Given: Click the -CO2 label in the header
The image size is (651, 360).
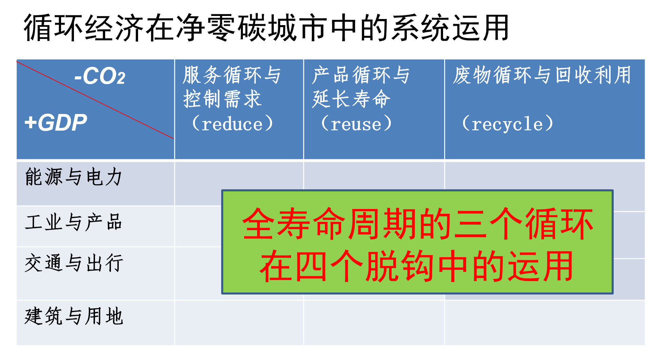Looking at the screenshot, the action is (100, 76).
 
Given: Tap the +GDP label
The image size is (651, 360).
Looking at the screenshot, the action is (56, 122).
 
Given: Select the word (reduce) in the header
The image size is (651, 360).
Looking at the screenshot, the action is (232, 124).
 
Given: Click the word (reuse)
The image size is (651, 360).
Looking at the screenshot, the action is (356, 124).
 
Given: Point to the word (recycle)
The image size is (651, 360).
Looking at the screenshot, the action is (508, 124).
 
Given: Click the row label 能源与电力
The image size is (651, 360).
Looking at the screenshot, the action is (73, 177).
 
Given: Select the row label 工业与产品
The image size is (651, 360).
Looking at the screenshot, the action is (73, 222).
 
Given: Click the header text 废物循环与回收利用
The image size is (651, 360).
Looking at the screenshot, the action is (542, 75).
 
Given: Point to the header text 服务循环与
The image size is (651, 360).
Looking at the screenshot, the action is (232, 75).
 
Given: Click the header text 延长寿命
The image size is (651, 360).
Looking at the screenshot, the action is (351, 99).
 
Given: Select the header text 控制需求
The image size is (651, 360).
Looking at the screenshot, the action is (222, 99).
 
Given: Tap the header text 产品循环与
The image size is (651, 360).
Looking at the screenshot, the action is (361, 75).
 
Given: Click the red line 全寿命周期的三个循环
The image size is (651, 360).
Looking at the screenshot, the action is (418, 224).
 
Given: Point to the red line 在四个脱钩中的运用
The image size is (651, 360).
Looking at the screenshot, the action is (417, 266).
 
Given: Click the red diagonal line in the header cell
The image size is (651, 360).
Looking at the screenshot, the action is (95, 100).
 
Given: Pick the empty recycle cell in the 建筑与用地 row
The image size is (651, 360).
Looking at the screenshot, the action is (544, 323).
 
